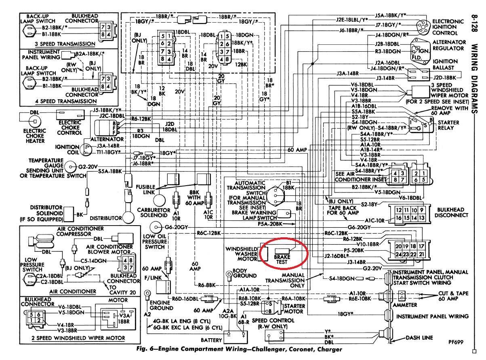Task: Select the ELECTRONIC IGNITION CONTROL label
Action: coord(448,27)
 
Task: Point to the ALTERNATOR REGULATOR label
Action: coord(448,45)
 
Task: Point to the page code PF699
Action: coord(457,342)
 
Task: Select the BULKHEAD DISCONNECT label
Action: coord(450,213)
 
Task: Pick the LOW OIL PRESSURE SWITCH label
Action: coord(155,241)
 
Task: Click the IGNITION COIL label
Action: coord(67,150)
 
